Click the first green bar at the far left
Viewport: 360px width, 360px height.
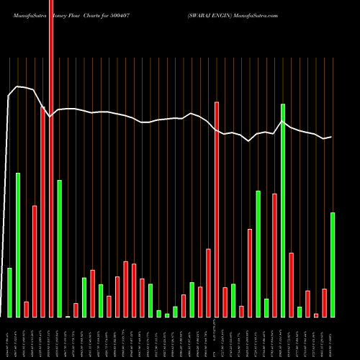(x=9, y=292)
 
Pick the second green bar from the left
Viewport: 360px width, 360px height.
(x=18, y=245)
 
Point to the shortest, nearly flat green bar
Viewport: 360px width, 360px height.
(x=68, y=316)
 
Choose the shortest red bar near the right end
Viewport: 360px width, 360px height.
(x=316, y=315)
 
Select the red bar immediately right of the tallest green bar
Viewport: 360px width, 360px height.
(x=291, y=284)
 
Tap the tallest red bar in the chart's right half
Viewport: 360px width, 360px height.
(x=217, y=210)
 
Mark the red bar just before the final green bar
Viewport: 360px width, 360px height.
(x=324, y=302)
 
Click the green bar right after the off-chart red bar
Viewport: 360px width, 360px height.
(x=60, y=248)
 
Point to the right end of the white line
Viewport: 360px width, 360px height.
(x=331, y=137)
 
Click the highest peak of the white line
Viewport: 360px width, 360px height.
(x=18, y=86)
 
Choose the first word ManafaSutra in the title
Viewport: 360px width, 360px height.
(x=23, y=14)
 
